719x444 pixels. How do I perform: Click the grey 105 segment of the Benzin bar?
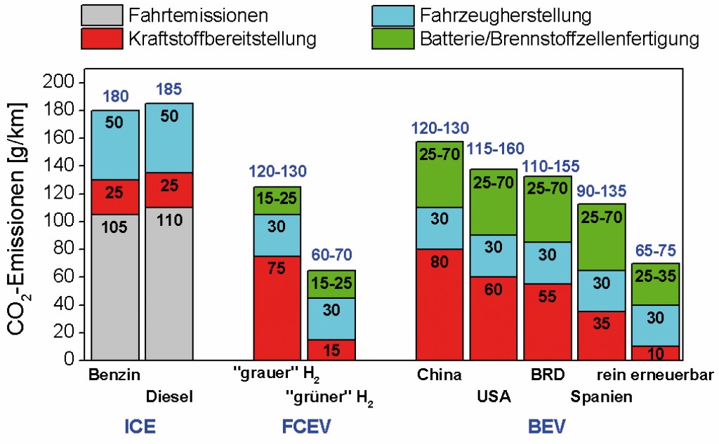pyautogui.click(x=115, y=287)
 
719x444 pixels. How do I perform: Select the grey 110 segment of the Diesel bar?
pyautogui.click(x=169, y=283)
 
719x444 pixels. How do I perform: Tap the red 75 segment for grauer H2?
pyautogui.click(x=277, y=308)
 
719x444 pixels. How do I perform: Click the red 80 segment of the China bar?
pyautogui.click(x=440, y=304)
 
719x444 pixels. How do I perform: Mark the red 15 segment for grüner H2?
pyautogui.click(x=331, y=349)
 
